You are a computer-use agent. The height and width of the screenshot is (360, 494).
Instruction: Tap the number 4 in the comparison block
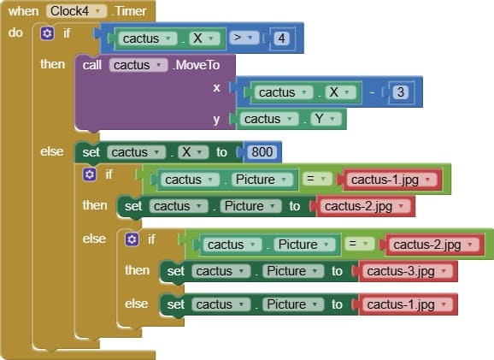281,38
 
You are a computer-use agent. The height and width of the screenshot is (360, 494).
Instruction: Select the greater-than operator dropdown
244,38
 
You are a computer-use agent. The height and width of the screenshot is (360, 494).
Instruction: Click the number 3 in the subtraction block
401,92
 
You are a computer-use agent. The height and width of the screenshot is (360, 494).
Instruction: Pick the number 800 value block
262,152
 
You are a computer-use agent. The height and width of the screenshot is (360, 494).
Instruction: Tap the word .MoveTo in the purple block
196,65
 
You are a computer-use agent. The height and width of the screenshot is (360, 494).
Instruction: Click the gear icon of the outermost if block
47,33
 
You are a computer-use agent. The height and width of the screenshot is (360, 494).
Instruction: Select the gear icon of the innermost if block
132,239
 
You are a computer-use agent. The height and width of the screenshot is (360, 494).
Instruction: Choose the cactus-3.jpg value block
407,271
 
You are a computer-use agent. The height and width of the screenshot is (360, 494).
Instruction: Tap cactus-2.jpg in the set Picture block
364,206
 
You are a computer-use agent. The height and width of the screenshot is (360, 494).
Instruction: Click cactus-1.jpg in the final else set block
407,304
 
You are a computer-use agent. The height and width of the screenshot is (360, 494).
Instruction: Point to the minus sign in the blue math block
372,92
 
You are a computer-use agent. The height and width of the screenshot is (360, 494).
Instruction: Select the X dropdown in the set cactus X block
193,152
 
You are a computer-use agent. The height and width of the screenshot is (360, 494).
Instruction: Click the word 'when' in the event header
23,12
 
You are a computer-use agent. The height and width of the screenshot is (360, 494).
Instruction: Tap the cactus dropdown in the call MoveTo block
138,65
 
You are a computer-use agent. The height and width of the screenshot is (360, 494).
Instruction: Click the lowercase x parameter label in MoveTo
216,87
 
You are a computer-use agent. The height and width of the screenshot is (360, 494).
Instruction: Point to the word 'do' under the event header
15,32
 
